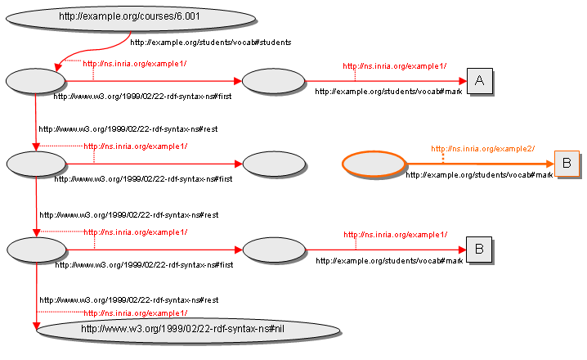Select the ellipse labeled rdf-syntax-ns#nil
click(187, 329)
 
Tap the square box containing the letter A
click(480, 80)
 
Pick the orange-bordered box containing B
click(567, 164)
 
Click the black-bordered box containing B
click(479, 248)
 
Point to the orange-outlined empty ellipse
click(373, 164)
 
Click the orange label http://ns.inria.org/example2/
click(483, 149)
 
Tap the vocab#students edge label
click(210, 42)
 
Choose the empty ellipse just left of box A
click(273, 81)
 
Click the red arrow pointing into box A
click(384, 81)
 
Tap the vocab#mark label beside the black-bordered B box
click(389, 260)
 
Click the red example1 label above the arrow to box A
click(394, 65)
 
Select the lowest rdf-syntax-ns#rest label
click(129, 300)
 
